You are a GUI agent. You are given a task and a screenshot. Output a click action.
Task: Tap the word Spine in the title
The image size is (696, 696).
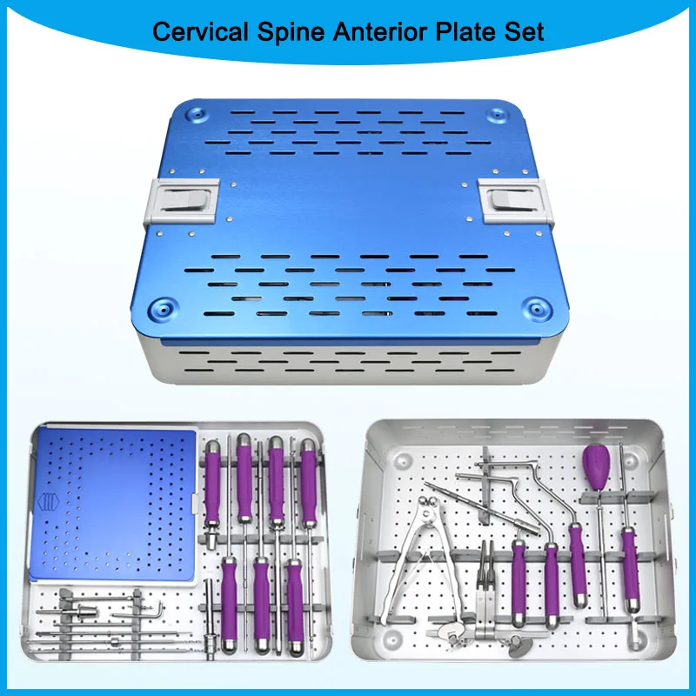pyautogui.click(x=284, y=32)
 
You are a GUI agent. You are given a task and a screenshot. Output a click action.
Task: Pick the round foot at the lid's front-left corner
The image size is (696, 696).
pyautogui.click(x=162, y=309)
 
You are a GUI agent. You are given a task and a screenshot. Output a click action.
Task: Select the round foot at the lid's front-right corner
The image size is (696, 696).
pyautogui.click(x=537, y=308)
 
